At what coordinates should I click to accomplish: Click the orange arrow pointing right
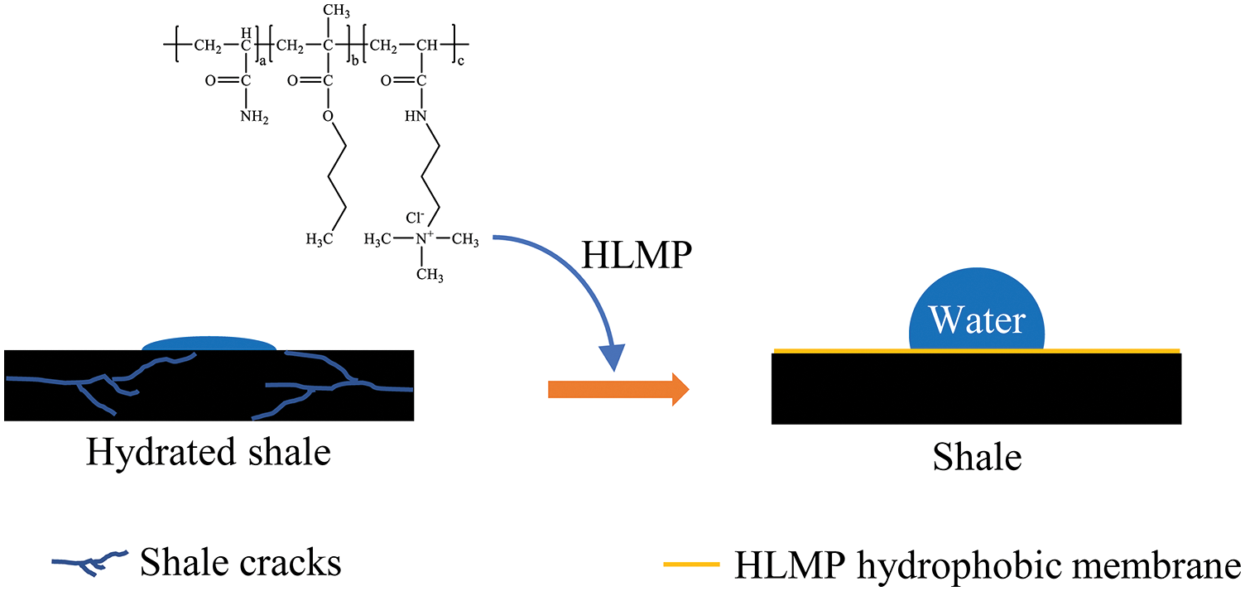pyautogui.click(x=618, y=387)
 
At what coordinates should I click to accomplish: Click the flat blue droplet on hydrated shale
pyautogui.click(x=209, y=343)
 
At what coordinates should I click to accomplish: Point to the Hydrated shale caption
pyautogui.click(x=209, y=454)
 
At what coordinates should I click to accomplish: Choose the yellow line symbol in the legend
pyautogui.click(x=690, y=565)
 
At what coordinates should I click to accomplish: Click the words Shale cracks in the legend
pyautogui.click(x=241, y=562)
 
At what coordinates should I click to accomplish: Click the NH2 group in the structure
pyautogui.click(x=253, y=117)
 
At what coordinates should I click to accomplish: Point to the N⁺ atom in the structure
pyautogui.click(x=422, y=239)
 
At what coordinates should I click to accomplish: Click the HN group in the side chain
pyautogui.click(x=418, y=117)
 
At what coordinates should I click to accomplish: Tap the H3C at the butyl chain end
pyautogui.click(x=320, y=239)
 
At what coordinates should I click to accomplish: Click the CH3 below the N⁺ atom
pyautogui.click(x=429, y=275)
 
